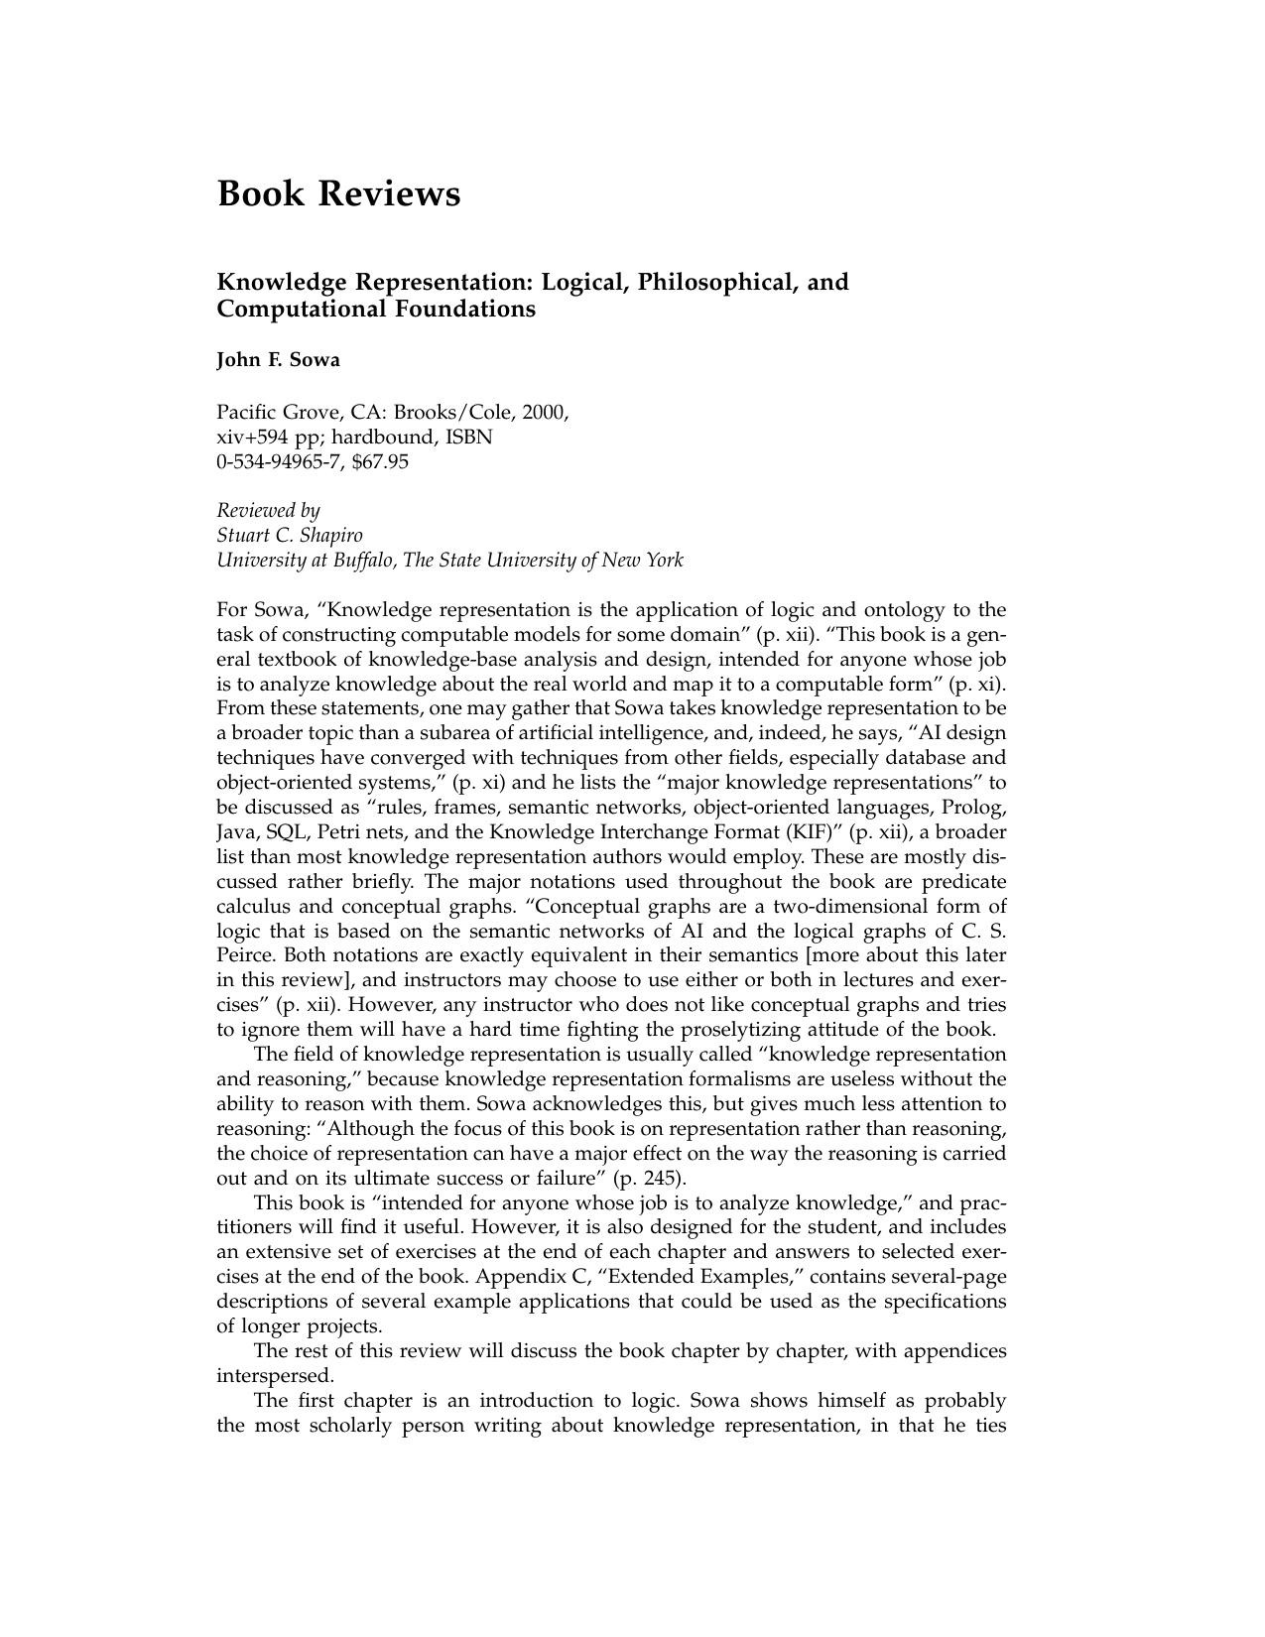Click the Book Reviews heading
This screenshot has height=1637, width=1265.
(x=338, y=192)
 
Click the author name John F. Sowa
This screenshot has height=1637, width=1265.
(x=278, y=359)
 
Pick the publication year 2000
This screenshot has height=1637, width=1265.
(x=546, y=412)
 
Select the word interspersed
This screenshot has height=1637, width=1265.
(x=275, y=1376)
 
